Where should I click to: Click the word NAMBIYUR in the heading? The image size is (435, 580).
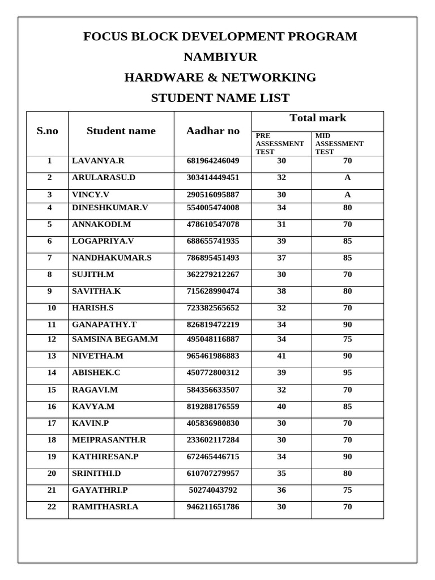click(x=220, y=57)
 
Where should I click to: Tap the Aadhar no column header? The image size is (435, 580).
click(x=213, y=131)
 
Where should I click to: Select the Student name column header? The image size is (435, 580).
click(x=121, y=131)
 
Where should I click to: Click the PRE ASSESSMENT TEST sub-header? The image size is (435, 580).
click(x=280, y=144)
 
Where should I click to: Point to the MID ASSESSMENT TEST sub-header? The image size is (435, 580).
click(x=339, y=144)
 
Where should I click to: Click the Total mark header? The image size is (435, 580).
click(x=318, y=118)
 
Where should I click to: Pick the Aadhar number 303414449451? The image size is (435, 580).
click(x=213, y=177)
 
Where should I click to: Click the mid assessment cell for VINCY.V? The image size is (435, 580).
click(x=347, y=194)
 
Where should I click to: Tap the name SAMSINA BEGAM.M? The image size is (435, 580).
click(x=115, y=339)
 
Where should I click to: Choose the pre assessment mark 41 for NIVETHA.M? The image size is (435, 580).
click(x=282, y=356)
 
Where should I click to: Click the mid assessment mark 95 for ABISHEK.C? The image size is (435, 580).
click(x=347, y=373)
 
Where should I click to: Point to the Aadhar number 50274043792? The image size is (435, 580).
click(x=213, y=490)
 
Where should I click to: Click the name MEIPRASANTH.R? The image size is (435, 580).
click(x=109, y=440)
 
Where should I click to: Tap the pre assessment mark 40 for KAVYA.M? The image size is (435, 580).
click(x=282, y=406)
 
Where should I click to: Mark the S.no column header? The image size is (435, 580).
click(x=48, y=131)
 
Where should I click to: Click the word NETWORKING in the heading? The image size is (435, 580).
click(x=269, y=78)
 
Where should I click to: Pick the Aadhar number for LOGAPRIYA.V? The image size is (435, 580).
click(x=213, y=241)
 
